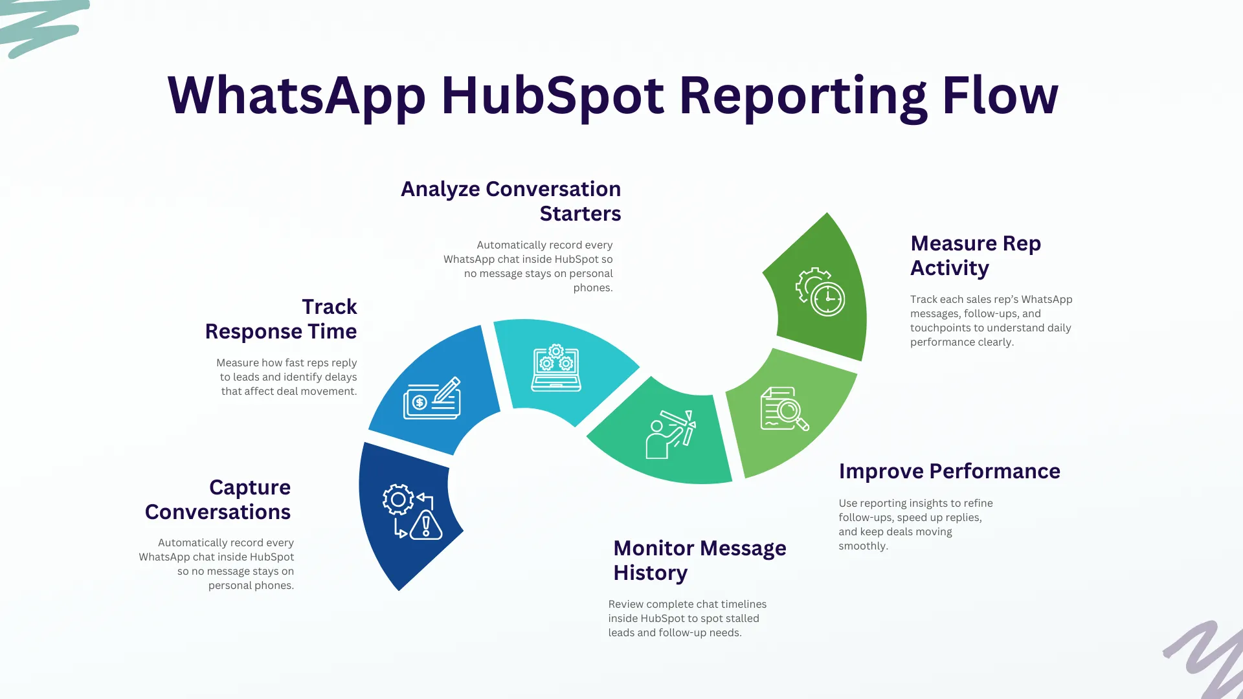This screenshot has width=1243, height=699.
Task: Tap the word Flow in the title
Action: pos(1000,96)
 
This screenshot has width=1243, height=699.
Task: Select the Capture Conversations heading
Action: pos(218,500)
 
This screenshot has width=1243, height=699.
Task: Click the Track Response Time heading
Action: pos(281,319)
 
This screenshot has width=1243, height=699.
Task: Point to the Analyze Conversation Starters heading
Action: pos(511,201)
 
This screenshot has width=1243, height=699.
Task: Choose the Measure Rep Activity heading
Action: pos(975,256)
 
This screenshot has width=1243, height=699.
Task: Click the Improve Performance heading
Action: pos(949,471)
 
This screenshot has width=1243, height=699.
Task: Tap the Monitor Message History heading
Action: pos(699,560)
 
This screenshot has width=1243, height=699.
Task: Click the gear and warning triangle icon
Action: pos(412,511)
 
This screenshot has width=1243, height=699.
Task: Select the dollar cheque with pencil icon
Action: pos(432,399)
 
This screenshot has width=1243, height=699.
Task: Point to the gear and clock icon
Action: pos(820,292)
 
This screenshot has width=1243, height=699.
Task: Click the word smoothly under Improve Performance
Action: pos(863,546)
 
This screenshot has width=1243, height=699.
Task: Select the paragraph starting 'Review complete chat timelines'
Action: pos(687,618)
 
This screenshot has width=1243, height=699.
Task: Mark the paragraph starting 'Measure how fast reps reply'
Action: pos(287,377)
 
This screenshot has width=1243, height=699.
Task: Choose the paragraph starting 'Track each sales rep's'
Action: pos(991,320)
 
